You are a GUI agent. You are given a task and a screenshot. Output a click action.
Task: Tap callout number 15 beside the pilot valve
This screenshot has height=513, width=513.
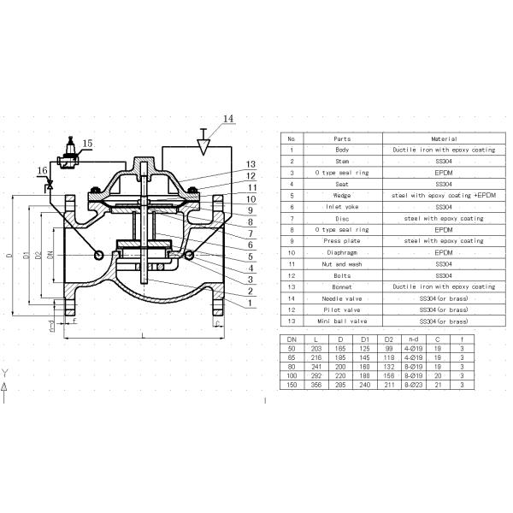87,144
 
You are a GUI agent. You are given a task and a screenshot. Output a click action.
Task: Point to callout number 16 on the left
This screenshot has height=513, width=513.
42,171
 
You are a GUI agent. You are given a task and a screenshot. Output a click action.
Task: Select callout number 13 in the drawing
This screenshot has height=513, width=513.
251,165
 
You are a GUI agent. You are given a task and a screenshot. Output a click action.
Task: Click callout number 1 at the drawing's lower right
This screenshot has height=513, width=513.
249,304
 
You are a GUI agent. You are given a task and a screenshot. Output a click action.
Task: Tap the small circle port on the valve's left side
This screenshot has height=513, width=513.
99,255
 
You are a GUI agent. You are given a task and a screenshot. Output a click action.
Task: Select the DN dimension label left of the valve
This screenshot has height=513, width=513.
50,256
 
